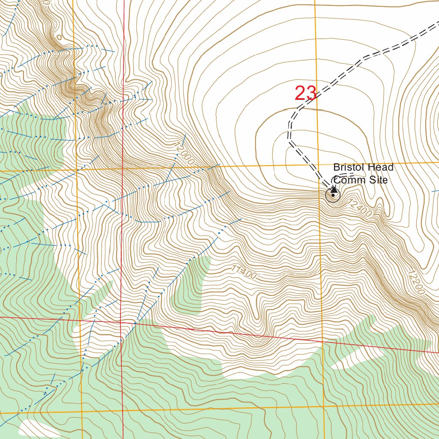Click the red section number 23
305,93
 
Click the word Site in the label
379,180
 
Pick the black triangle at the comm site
334,189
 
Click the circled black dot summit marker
333,195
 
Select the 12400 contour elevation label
360,208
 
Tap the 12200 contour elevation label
416,282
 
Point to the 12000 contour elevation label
184,153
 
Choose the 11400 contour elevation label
243,272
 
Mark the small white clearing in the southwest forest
40,428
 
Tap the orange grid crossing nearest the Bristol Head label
318,164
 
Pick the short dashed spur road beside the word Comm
345,176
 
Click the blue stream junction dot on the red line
135,322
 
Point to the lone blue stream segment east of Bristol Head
435,190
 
